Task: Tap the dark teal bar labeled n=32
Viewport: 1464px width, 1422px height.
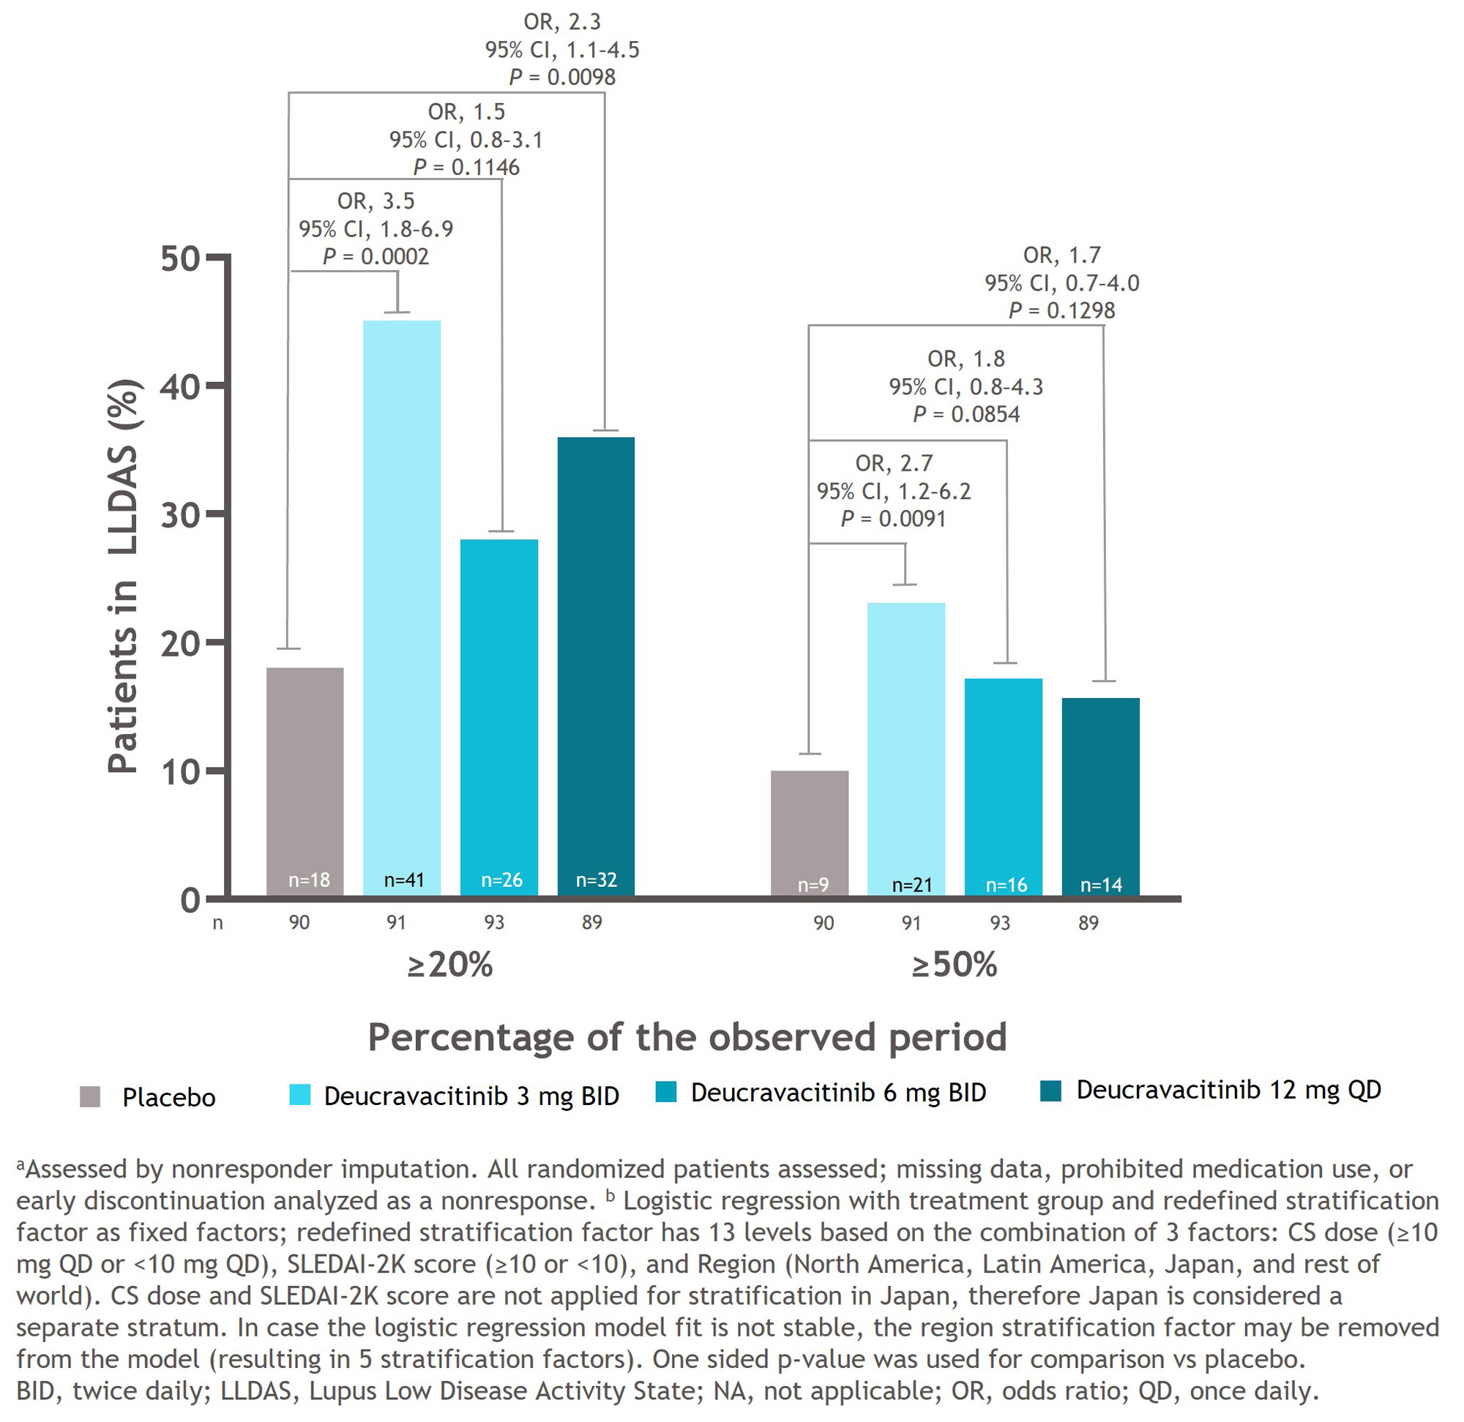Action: pyautogui.click(x=596, y=665)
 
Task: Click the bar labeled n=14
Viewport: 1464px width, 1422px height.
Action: pyautogui.click(x=1100, y=796)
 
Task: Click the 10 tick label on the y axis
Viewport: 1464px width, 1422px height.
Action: pyautogui.click(x=181, y=771)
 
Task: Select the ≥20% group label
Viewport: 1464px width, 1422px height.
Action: pyautogui.click(x=449, y=965)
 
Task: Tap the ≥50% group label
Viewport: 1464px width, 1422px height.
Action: pyautogui.click(x=954, y=965)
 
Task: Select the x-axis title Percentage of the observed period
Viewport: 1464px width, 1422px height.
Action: pyautogui.click(x=687, y=1037)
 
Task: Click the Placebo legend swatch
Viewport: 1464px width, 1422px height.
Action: pyautogui.click(x=90, y=1097)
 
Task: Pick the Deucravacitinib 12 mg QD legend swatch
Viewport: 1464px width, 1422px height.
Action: pyautogui.click(x=1050, y=1091)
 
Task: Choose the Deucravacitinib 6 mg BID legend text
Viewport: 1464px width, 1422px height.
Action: pyautogui.click(x=838, y=1093)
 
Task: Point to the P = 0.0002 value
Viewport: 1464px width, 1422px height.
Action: pyautogui.click(x=376, y=257)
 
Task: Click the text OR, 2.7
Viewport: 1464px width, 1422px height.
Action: pyautogui.click(x=894, y=464)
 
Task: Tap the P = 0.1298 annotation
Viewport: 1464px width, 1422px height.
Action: pyautogui.click(x=1061, y=311)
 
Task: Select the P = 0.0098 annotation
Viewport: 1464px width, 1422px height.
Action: pyautogui.click(x=561, y=77)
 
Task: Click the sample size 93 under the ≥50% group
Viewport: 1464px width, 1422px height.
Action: pyautogui.click(x=999, y=923)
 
